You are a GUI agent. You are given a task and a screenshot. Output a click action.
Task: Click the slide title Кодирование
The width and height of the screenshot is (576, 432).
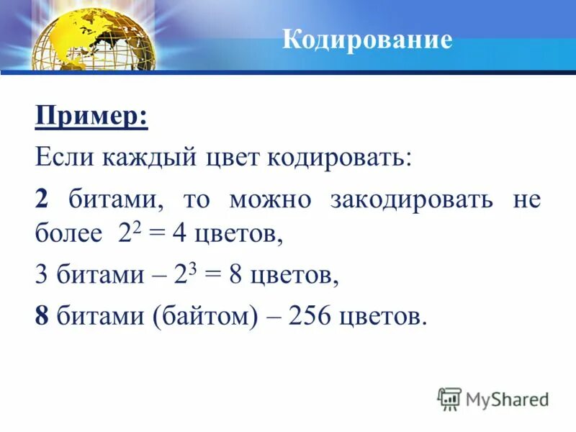[x=367, y=39]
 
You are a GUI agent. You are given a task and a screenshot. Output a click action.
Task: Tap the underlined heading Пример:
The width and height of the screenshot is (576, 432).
[x=91, y=116]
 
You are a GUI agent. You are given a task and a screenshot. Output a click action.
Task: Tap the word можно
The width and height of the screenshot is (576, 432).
[x=270, y=199]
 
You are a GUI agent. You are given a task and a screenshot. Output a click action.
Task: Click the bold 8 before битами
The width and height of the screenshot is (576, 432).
[x=42, y=317]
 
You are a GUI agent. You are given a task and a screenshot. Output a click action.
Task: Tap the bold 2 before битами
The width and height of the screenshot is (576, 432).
[x=42, y=199]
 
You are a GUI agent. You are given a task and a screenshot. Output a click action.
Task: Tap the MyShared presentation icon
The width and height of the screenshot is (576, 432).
[x=449, y=399]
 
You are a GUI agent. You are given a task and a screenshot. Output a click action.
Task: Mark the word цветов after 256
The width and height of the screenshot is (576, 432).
[x=382, y=317]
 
